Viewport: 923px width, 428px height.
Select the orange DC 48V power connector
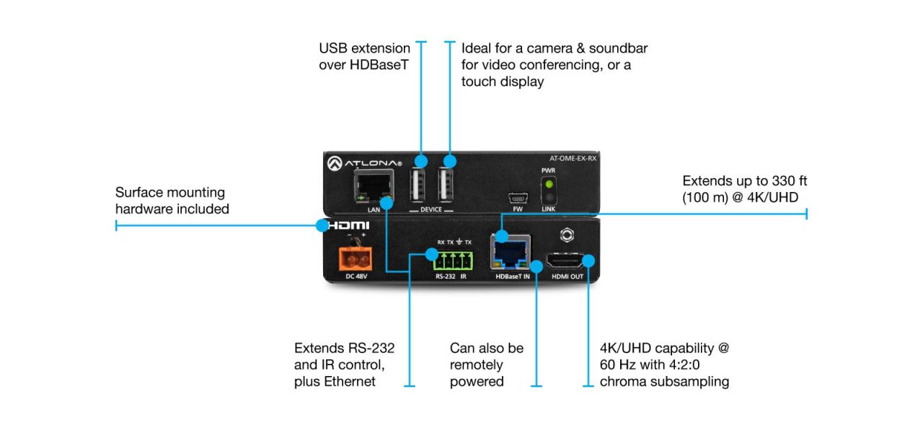(x=354, y=258)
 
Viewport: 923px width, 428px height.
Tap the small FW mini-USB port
(x=516, y=197)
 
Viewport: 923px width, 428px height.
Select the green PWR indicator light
(x=549, y=184)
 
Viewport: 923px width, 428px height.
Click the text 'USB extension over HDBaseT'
(x=364, y=56)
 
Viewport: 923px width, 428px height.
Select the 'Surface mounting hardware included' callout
(x=172, y=201)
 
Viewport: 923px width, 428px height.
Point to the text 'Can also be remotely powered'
(x=486, y=364)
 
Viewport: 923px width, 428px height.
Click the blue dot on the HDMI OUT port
(x=588, y=261)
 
